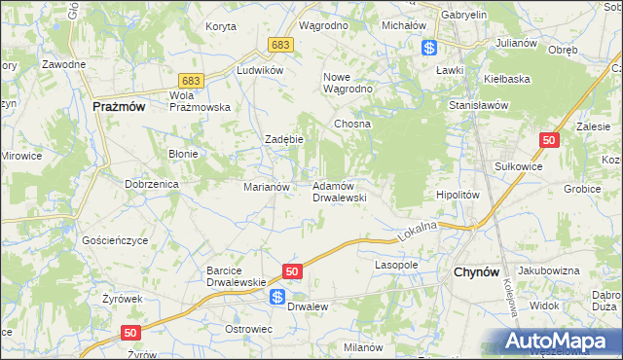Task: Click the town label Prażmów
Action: click(119, 108)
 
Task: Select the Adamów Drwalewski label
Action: click(338, 191)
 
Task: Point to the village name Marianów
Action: click(266, 186)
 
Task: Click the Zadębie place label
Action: click(285, 139)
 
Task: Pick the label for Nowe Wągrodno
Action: click(348, 83)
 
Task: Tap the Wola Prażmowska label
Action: click(199, 101)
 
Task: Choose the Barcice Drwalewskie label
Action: click(231, 276)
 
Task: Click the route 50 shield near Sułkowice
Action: click(550, 141)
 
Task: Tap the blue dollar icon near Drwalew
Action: click(277, 298)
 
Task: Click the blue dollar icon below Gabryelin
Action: click(428, 47)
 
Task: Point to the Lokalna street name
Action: click(420, 230)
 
